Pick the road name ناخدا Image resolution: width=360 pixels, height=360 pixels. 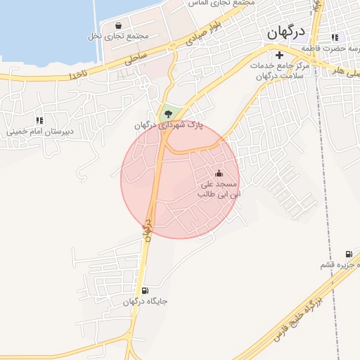coord(79,72)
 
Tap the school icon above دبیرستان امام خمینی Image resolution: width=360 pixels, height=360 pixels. coord(39,121)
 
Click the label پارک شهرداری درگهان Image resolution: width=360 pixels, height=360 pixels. coord(169,124)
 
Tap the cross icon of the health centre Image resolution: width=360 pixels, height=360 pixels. coord(279,54)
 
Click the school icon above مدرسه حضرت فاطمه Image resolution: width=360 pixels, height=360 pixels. coord(335,37)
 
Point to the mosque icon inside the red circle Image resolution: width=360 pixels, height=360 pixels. coord(218,174)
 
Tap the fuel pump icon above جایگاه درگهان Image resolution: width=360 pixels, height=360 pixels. coord(145,291)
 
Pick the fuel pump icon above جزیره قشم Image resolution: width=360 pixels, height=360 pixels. coord(348,254)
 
